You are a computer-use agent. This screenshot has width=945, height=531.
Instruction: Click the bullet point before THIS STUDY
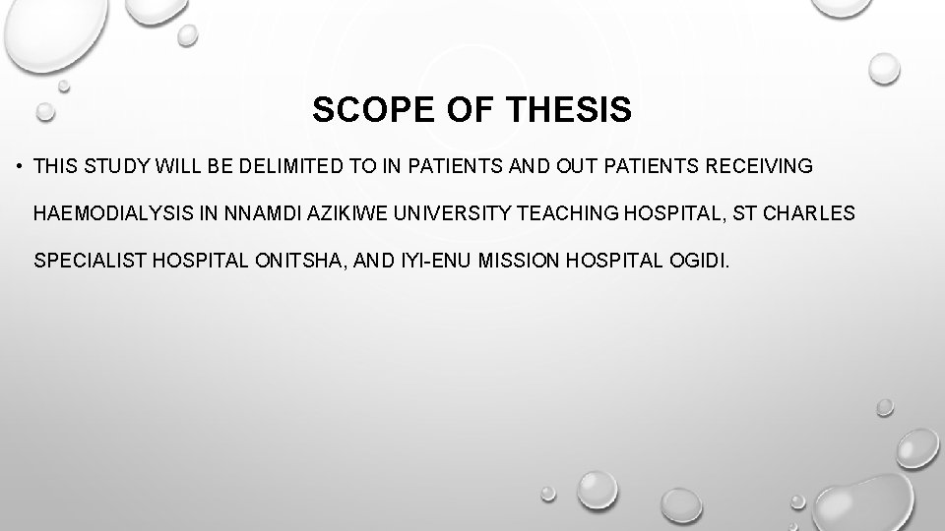(20, 166)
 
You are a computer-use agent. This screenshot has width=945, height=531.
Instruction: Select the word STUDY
(111, 166)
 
